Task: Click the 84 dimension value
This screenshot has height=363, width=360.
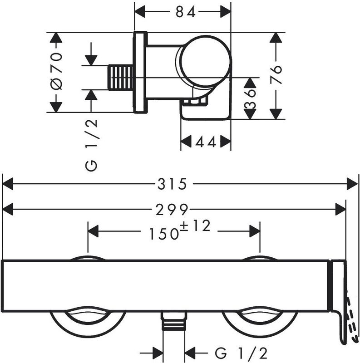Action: pos(186,12)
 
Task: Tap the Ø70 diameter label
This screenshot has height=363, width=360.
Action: pos(57,71)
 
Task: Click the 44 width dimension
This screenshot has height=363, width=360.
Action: pos(206,142)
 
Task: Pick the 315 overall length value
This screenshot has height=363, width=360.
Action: pos(172,184)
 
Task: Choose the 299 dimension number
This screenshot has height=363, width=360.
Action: pos(172,210)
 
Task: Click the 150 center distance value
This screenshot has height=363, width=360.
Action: pos(164,234)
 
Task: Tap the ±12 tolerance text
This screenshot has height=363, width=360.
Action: pos(195,226)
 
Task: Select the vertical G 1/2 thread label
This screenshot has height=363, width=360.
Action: pos(91,145)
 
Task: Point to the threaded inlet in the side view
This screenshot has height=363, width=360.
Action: pos(120,77)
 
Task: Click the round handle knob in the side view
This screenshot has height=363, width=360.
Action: pos(205,61)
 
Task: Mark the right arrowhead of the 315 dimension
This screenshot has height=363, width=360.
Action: pos(352,184)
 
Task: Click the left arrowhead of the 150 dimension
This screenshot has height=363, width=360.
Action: pos(94,231)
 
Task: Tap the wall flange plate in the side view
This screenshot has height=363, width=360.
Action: pos(140,73)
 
